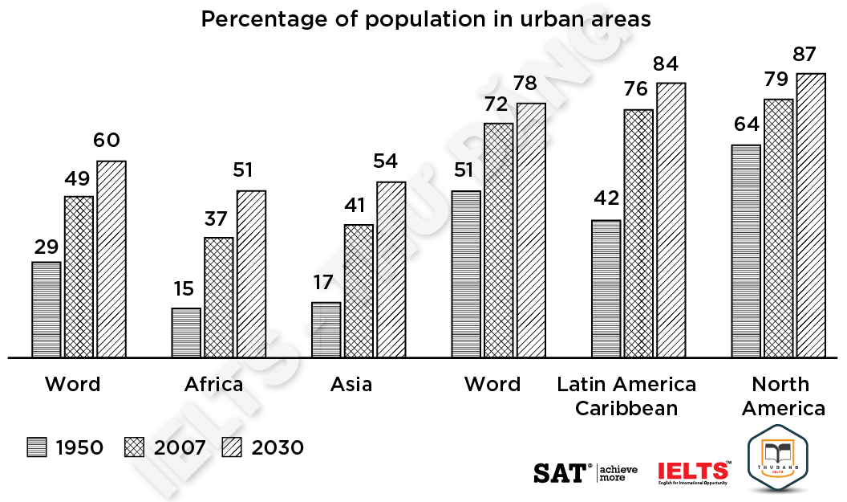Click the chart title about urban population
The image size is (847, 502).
[x=426, y=19]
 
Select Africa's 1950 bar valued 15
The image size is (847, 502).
[x=186, y=333]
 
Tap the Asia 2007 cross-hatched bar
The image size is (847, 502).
[x=359, y=291]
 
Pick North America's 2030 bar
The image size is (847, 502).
[x=811, y=215]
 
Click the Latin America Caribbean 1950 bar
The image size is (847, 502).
[x=606, y=288]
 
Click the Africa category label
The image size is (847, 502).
[x=213, y=385]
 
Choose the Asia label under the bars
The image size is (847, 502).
[x=351, y=385]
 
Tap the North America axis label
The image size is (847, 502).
[x=783, y=396]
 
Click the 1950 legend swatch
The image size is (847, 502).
[x=37, y=447]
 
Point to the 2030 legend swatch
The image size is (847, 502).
[x=233, y=447]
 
